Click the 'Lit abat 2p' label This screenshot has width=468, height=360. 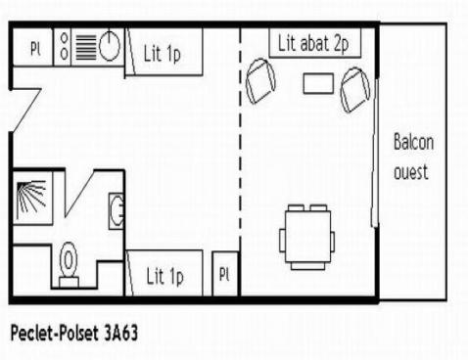pos(313,44)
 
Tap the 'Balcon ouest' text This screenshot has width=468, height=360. pos(414,157)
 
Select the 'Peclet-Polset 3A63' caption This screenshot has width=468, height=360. pos(74,333)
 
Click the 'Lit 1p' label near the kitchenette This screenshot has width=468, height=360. pos(162,54)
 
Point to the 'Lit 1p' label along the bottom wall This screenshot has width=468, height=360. pos(164,277)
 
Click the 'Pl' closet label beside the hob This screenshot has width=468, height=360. pos(35,49)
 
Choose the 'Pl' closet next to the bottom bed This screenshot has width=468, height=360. pos(224,274)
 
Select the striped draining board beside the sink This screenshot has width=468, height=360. pos(86,48)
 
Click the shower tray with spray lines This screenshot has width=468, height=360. pos(32,199)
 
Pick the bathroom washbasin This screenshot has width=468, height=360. pos(116,211)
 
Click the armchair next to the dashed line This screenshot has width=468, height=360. pos(260,81)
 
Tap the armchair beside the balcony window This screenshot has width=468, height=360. pos(355,90)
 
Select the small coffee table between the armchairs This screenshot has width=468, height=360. pos(318,83)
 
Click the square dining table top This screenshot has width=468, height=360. pos(307,237)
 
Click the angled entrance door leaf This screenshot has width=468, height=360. pos(26,110)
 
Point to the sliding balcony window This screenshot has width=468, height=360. pos(375,153)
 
